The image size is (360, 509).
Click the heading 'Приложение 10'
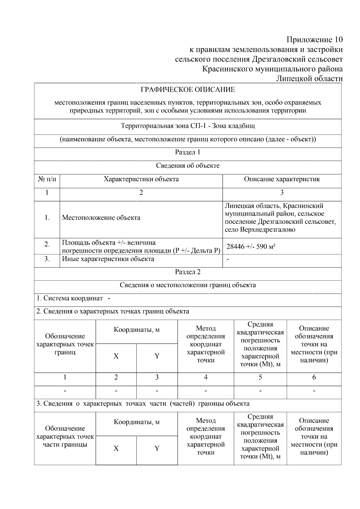click(x=314, y=40)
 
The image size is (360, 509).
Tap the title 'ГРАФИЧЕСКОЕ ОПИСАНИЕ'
click(x=188, y=90)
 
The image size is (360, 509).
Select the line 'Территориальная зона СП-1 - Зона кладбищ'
click(x=188, y=126)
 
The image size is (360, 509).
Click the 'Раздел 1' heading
click(x=188, y=152)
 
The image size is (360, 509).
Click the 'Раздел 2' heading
click(x=188, y=272)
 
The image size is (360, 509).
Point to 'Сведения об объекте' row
click(x=188, y=166)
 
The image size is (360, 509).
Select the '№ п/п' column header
click(x=47, y=179)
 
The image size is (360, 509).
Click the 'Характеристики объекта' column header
click(x=141, y=179)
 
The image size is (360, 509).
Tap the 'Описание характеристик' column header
click(x=282, y=179)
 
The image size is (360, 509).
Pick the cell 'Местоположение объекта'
click(x=101, y=218)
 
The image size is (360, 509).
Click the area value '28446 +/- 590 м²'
click(x=251, y=247)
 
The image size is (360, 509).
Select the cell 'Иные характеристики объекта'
click(x=108, y=259)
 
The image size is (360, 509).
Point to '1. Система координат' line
click(x=73, y=298)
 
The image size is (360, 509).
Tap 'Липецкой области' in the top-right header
click(x=309, y=79)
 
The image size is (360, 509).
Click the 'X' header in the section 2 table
click(x=116, y=356)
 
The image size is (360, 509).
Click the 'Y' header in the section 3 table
click(x=157, y=448)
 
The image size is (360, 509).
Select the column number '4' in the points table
click(x=205, y=377)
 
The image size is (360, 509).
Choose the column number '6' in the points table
click(x=314, y=377)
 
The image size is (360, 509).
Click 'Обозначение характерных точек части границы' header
click(x=65, y=436)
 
